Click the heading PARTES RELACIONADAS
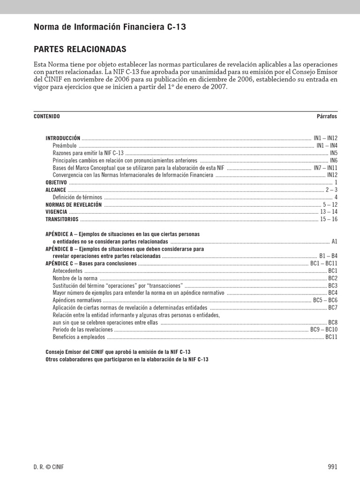pos(80,49)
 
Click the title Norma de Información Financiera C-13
pos(110,27)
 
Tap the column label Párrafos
pos(327,116)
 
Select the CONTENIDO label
pos(47,116)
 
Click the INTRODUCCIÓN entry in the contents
pos(63,138)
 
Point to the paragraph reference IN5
pos(333,153)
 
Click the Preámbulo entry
pos(65,146)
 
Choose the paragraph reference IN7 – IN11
pos(325,167)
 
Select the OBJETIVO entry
pos(56,182)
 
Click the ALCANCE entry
pos(55,190)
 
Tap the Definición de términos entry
pos(77,197)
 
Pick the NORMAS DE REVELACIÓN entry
pos(73,205)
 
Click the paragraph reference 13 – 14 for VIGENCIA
pos(329,212)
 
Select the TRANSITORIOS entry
pos(61,219)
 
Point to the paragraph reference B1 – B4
pos(328,256)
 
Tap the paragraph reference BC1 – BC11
pos(323,263)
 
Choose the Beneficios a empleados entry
pos(79,337)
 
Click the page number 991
pos(332,466)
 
